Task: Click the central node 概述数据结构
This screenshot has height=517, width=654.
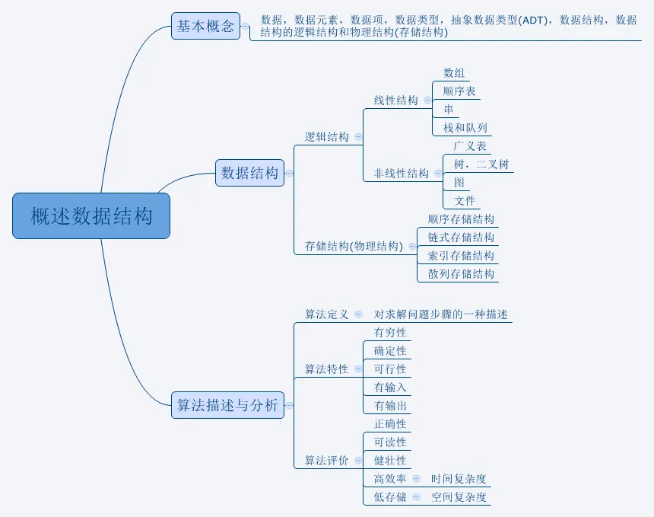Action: pyautogui.click(x=91, y=216)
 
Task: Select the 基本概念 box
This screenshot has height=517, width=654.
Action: pyautogui.click(x=205, y=27)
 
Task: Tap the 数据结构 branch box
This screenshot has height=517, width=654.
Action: pyautogui.click(x=249, y=173)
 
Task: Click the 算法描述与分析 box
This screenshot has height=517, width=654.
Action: pyautogui.click(x=227, y=405)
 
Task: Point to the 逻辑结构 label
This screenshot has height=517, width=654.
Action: pyautogui.click(x=326, y=137)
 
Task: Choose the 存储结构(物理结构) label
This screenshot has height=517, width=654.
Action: pyautogui.click(x=354, y=246)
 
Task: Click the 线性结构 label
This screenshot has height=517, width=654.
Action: pyautogui.click(x=395, y=101)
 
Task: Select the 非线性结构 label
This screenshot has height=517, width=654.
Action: pyautogui.click(x=401, y=174)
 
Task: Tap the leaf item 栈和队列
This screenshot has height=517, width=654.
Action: pyautogui.click(x=465, y=128)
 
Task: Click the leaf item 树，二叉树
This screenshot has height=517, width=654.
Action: pyautogui.click(x=481, y=164)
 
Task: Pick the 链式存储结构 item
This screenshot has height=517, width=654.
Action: pyautogui.click(x=461, y=238)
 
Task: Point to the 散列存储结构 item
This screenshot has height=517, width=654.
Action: pyautogui.click(x=461, y=274)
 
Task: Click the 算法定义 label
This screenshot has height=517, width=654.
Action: pyautogui.click(x=326, y=314)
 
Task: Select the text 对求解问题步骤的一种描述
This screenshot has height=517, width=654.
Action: pyautogui.click(x=440, y=314)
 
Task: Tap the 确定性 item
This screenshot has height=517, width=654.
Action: pyautogui.click(x=390, y=351)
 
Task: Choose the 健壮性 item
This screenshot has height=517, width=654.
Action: pyautogui.click(x=390, y=461)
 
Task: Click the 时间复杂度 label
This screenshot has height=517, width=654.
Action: pyautogui.click(x=459, y=479)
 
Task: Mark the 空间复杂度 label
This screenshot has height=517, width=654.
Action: pyautogui.click(x=459, y=497)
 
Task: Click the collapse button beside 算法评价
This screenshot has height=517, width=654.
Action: pyautogui.click(x=358, y=461)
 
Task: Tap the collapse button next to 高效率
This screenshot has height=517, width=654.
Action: pyautogui.click(x=416, y=479)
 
